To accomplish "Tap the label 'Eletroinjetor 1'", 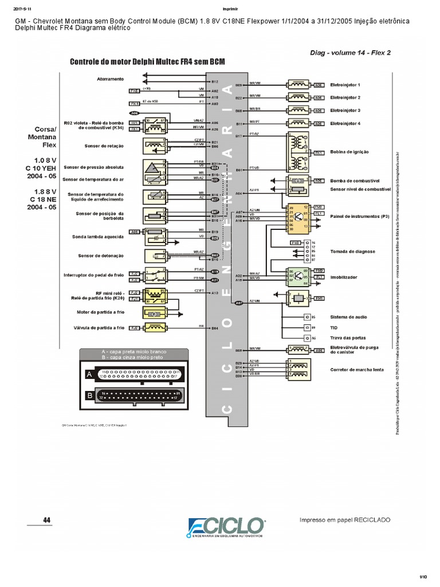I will pyautogui.click(x=345, y=85).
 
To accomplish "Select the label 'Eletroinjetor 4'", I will pyautogui.click(x=345, y=123).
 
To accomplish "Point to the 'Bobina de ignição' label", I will pyautogui.click(x=349, y=152).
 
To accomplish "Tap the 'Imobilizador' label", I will pyautogui.click(x=344, y=277).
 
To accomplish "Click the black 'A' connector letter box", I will pyautogui.click(x=89, y=374).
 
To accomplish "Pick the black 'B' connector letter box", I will pyautogui.click(x=89, y=395).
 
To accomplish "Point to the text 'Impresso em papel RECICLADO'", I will pyautogui.click(x=345, y=519).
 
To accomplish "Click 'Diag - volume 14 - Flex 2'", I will pyautogui.click(x=351, y=52).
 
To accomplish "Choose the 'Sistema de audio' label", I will pyautogui.click(x=349, y=317).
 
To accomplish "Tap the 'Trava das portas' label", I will pyautogui.click(x=348, y=338).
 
